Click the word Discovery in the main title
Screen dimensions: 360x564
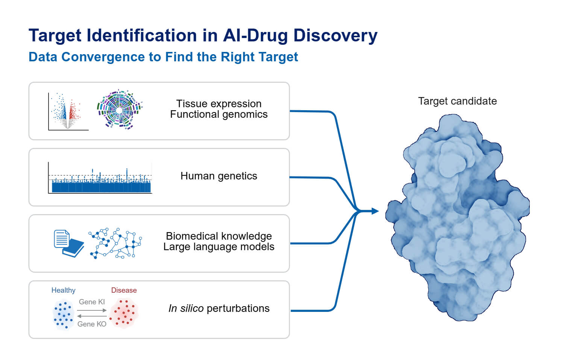pyautogui.click(x=335, y=35)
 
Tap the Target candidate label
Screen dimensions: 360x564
pyautogui.click(x=457, y=101)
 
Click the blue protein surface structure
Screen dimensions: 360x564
pyautogui.click(x=458, y=218)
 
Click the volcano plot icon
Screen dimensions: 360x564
pyautogui.click(x=68, y=112)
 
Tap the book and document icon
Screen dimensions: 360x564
pyautogui.click(x=68, y=243)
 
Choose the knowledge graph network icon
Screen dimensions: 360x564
pyautogui.click(x=115, y=243)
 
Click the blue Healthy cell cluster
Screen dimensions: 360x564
pyautogui.click(x=63, y=314)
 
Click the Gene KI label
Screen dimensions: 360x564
pyautogui.click(x=92, y=302)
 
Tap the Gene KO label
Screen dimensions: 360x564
pyautogui.click(x=92, y=324)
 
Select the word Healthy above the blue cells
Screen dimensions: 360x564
pyautogui.click(x=63, y=290)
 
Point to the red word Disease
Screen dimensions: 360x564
pyautogui.click(x=124, y=290)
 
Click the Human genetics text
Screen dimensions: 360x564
pyautogui.click(x=218, y=176)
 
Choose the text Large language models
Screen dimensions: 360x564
pyautogui.click(x=218, y=247)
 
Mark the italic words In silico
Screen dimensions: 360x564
pyautogui.click(x=186, y=308)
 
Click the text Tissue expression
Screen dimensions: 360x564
pyautogui.click(x=218, y=103)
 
